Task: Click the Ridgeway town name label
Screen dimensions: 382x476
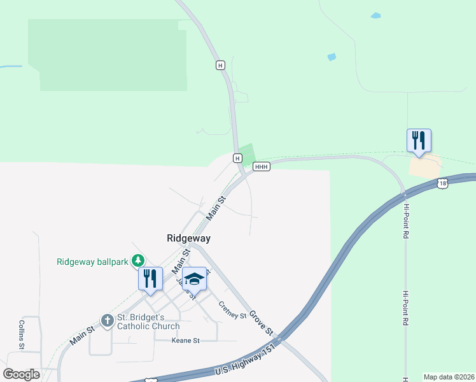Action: pos(188,238)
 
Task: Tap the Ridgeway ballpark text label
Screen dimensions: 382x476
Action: pos(93,262)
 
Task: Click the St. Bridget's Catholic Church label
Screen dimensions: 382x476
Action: pos(149,322)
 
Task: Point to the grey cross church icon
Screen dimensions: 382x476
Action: pos(108,318)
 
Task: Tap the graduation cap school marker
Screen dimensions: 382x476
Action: pos(194,279)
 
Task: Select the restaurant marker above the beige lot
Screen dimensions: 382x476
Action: pos(419,141)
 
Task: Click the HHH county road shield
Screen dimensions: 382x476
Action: pos(262,167)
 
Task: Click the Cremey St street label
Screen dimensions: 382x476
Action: pos(232,311)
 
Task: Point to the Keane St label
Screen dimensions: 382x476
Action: pos(186,341)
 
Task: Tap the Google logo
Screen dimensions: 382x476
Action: pos(21,374)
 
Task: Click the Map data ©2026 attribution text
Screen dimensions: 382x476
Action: pos(448,377)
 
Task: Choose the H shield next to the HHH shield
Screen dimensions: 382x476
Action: pos(237,158)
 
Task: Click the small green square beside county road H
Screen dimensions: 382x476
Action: pos(247,153)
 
